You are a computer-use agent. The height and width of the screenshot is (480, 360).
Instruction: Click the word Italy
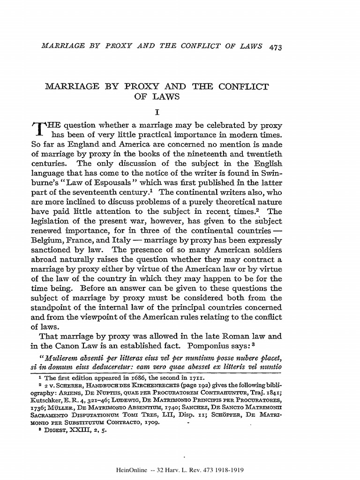(x=120, y=240)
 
